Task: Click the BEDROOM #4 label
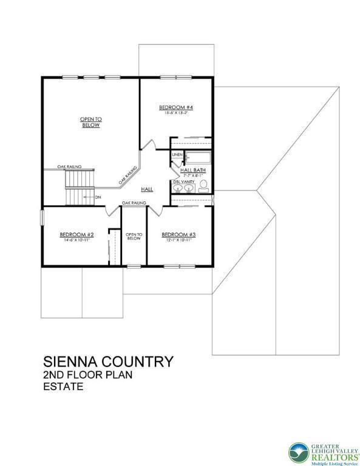[x=176, y=107]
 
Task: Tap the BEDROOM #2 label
[x=76, y=235]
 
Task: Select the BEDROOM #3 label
[x=178, y=235]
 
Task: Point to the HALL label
[x=147, y=190]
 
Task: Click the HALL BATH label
[x=192, y=170]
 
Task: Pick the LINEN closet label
[x=177, y=155]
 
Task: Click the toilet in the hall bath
[x=205, y=185]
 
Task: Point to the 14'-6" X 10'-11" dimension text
[x=76, y=240]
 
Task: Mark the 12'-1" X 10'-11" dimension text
[x=178, y=240]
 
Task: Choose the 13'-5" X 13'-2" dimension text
[x=176, y=113]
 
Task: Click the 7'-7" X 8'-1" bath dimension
[x=192, y=175]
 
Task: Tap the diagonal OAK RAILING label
[x=128, y=177]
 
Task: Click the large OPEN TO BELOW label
[x=91, y=122]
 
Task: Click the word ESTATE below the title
[x=63, y=387]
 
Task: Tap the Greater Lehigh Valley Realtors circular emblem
[x=299, y=452]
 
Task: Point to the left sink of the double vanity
[x=178, y=190]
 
